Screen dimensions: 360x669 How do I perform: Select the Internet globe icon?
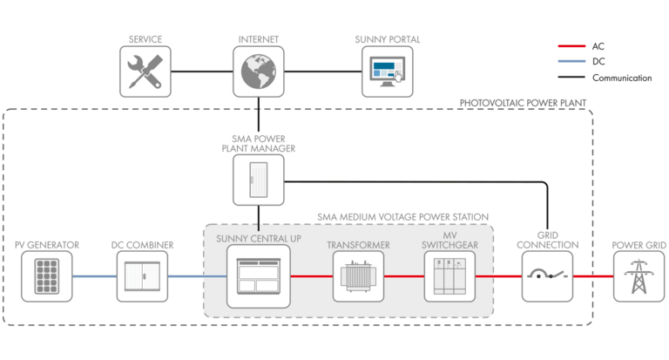259,72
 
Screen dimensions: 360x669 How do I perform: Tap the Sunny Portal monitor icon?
387,72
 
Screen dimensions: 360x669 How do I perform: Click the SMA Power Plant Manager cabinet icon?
259,180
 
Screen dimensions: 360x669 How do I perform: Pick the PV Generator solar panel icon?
46,277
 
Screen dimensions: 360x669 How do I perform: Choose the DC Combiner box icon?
142,277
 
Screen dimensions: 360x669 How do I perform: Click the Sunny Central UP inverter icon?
259,277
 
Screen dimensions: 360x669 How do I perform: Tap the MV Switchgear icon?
449,277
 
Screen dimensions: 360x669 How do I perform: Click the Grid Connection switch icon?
548,277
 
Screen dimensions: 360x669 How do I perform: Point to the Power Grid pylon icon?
639,277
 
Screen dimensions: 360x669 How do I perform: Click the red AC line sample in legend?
570,46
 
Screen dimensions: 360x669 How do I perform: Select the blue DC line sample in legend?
570,62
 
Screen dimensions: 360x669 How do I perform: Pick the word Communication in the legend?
622,78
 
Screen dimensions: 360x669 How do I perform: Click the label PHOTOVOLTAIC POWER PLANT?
523,104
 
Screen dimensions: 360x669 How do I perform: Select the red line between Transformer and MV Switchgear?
404,277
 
